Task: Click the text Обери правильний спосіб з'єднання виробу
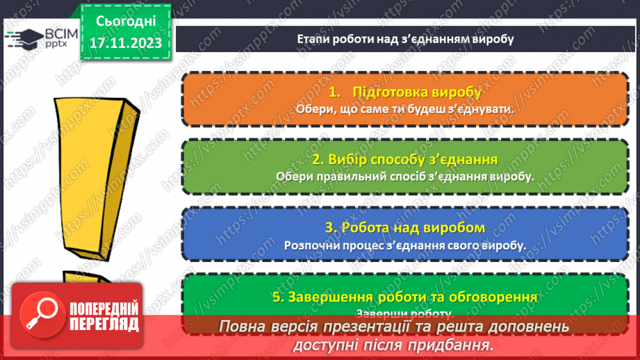pyautogui.click(x=404, y=177)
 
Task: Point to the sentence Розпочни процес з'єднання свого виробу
pyautogui.click(x=404, y=245)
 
